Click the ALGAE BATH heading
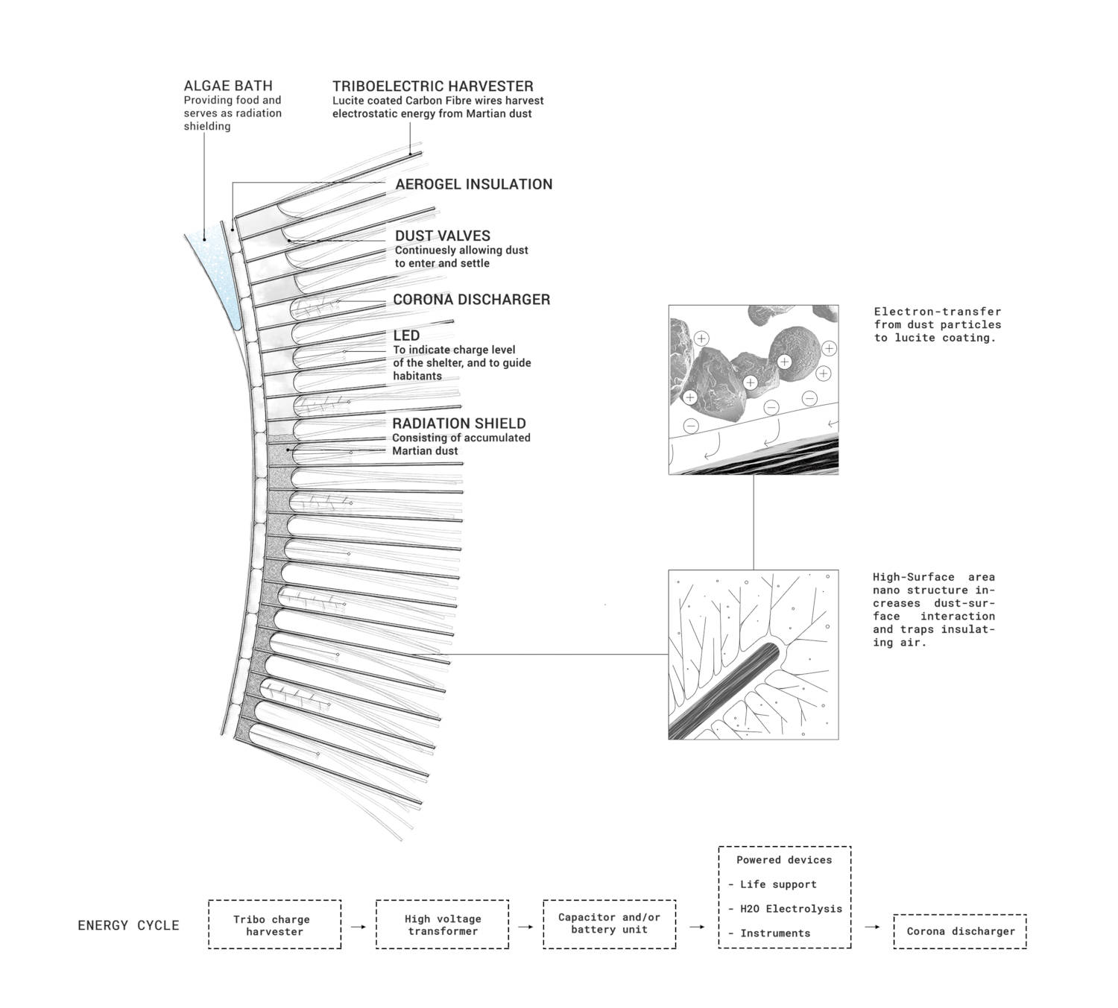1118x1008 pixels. pos(228,86)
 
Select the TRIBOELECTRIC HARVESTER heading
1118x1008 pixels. pos(432,86)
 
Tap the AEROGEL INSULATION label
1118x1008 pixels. pos(473,184)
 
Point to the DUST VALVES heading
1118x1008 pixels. pos(442,236)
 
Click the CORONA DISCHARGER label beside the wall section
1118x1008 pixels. pos(471,300)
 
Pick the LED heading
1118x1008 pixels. pos(406,336)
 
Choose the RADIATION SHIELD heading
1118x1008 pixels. pos(458,423)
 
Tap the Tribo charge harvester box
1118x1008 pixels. pos(274,924)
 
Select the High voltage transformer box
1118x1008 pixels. pos(442,924)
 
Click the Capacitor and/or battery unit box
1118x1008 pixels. pos(609,923)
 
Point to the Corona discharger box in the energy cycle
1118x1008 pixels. pos(960,931)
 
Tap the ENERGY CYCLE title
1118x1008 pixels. pos(128,925)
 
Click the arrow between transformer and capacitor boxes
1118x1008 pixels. pos(525,927)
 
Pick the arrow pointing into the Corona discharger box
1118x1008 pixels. pos(872,927)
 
